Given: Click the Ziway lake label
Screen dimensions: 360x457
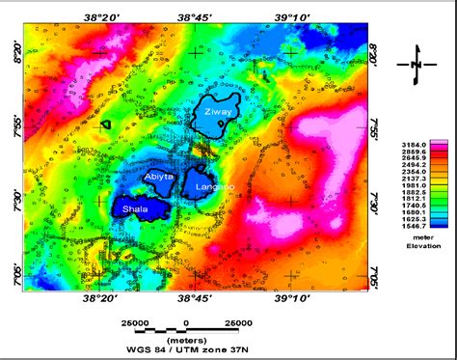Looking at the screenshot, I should [x=217, y=113].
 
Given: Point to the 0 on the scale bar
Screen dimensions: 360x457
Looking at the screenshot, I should [x=187, y=321].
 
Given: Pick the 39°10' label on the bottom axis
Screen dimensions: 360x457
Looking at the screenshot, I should [x=292, y=300].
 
